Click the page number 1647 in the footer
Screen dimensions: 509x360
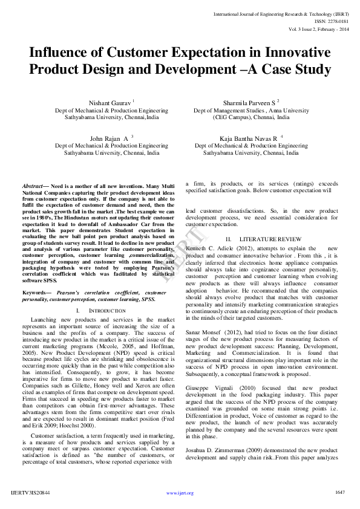point(339,492)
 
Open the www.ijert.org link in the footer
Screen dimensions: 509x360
point(180,493)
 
